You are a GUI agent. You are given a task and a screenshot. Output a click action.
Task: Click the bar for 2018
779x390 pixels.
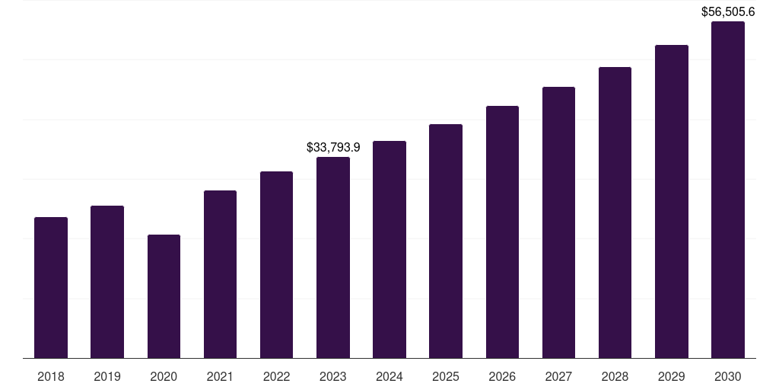51,288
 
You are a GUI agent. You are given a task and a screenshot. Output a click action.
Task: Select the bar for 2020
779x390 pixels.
164,296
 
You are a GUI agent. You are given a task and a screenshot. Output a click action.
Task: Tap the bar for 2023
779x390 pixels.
333,257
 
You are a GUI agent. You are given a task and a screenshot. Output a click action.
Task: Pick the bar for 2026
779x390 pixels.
502,232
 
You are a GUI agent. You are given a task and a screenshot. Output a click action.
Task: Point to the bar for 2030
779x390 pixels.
728,190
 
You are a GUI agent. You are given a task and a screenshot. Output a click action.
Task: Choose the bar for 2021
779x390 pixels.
220,274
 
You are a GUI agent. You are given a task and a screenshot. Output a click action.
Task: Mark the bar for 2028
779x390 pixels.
615,213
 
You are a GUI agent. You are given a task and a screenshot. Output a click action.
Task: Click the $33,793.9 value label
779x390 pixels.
333,147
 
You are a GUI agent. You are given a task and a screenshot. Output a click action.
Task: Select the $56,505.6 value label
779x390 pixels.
727,11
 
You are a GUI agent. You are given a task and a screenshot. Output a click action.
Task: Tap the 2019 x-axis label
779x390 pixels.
107,376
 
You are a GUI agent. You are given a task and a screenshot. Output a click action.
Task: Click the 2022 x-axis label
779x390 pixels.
276,376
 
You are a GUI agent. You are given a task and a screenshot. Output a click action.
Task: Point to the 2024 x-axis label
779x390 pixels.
389,376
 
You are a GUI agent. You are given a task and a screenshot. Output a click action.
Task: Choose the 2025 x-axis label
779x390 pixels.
446,376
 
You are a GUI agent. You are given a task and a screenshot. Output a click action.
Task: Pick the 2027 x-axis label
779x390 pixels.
558,376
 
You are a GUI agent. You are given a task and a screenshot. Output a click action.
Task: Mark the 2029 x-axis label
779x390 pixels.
671,376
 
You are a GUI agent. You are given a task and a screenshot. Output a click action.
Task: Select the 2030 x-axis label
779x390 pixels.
728,376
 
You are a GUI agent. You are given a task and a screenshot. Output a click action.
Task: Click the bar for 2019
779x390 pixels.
107,282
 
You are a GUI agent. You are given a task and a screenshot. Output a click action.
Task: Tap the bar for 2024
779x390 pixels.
389,250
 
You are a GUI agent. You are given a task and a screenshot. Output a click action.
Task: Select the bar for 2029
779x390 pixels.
671,202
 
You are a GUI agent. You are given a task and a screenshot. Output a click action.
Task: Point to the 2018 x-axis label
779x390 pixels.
51,376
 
